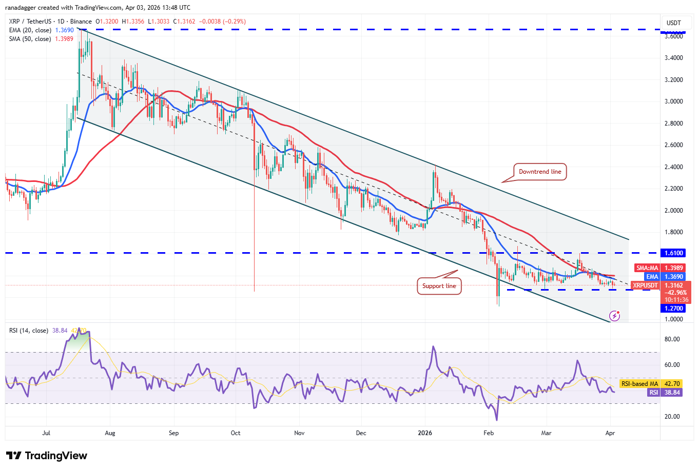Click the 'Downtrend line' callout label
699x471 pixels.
click(x=540, y=172)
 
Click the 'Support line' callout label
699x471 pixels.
click(x=439, y=286)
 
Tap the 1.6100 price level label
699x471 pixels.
click(x=673, y=253)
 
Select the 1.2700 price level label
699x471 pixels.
click(x=673, y=309)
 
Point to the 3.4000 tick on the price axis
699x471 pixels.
click(x=673, y=58)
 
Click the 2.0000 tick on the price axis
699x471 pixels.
click(x=673, y=211)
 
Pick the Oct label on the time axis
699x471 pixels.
click(x=236, y=433)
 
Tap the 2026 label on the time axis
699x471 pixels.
click(x=425, y=433)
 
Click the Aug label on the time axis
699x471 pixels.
click(x=110, y=433)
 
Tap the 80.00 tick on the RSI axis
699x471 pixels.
click(x=672, y=339)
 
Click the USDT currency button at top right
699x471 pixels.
click(x=673, y=23)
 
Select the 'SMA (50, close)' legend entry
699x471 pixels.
click(x=30, y=39)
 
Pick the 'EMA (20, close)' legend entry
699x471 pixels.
click(x=30, y=30)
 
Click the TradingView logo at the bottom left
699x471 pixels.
click(x=47, y=456)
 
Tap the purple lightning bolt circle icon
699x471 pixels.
click(x=615, y=316)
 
